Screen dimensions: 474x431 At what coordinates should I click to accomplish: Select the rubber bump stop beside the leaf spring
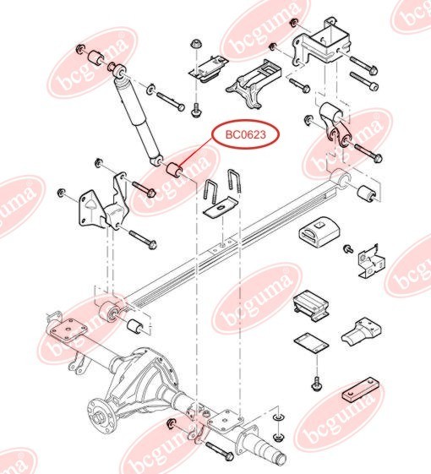coord(319,232)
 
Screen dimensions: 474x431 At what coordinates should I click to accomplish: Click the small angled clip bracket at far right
coord(368,259)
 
